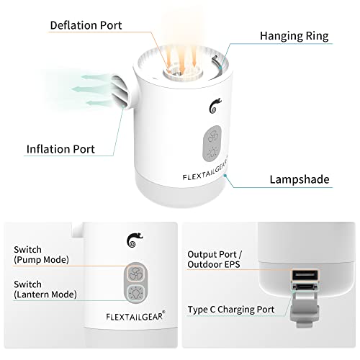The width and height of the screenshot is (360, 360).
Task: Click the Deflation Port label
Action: pyautogui.click(x=86, y=25)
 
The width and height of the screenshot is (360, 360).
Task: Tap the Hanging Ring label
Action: pyautogui.click(x=294, y=36)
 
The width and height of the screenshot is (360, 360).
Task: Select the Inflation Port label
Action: pyautogui.click(x=60, y=149)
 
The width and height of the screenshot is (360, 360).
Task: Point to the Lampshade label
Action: pyautogui.click(x=300, y=179)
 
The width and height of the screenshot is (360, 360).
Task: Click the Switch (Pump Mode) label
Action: pyautogui.click(x=41, y=255)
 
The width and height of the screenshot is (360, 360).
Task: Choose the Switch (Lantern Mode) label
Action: pyautogui.click(x=45, y=289)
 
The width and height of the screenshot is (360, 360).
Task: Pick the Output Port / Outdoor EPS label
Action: pyautogui.click(x=215, y=259)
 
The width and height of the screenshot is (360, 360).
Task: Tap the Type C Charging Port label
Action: pyautogui.click(x=231, y=310)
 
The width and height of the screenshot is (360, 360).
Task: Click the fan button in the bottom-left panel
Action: pyautogui.click(x=135, y=273)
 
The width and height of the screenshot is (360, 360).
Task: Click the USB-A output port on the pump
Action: pyautogui.click(x=305, y=275)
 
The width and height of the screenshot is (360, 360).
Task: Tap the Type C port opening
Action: pyautogui.click(x=305, y=287)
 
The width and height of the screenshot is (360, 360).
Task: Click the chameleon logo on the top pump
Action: pyautogui.click(x=215, y=106)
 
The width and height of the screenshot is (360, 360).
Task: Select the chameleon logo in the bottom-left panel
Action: pyautogui.click(x=135, y=240)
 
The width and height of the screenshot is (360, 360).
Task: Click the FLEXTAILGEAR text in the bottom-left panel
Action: pyautogui.click(x=135, y=316)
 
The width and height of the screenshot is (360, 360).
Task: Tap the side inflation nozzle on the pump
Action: pyautogui.click(x=121, y=91)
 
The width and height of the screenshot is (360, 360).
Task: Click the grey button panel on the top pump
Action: pyautogui.click(x=212, y=143)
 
